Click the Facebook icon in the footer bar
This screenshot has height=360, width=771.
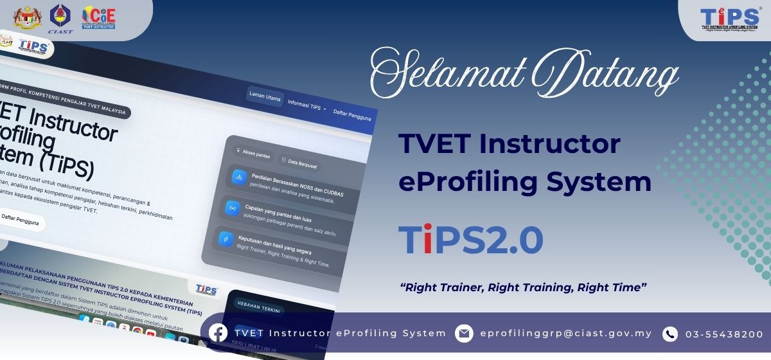pos(218,333)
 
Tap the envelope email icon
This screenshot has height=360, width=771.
pos(464,334)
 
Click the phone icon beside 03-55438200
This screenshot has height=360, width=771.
pos(670,334)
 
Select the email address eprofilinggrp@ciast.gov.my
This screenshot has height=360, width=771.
pos(565,334)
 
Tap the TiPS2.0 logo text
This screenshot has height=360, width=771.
pos(470,240)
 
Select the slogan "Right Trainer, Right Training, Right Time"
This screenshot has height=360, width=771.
pos(523,287)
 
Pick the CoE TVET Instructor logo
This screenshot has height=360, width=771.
pos(98,17)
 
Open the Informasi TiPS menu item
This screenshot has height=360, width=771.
pos(306,104)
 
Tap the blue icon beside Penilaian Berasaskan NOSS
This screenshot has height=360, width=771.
pos(238,176)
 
